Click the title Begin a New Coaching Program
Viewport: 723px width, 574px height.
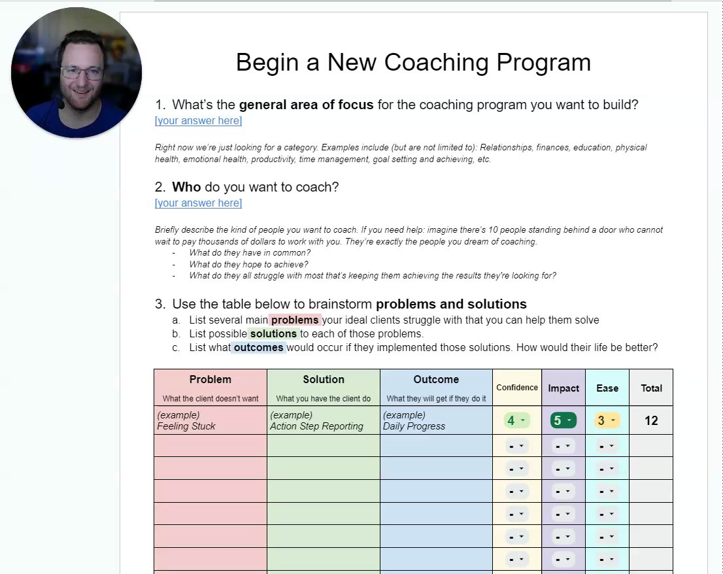coord(413,63)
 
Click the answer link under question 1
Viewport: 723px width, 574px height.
coord(198,121)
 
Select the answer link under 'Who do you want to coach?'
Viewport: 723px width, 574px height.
coord(198,203)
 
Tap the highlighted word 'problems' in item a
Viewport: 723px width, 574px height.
coord(295,320)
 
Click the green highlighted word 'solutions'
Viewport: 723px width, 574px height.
coord(273,334)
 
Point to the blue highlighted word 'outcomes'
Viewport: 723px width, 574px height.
coord(259,348)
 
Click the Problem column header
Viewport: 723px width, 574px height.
coord(210,379)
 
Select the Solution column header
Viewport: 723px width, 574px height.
coord(324,379)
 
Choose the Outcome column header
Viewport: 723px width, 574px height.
coord(436,379)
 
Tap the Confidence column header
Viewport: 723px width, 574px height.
coord(517,388)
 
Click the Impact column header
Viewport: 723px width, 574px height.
coord(563,388)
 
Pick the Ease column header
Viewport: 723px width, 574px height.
coord(607,388)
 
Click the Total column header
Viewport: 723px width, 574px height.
coord(652,388)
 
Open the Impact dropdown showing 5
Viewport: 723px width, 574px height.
coord(563,420)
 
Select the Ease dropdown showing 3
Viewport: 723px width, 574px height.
coord(607,420)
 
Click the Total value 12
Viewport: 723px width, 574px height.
coord(651,420)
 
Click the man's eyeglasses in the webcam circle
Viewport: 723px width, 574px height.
coord(82,73)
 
